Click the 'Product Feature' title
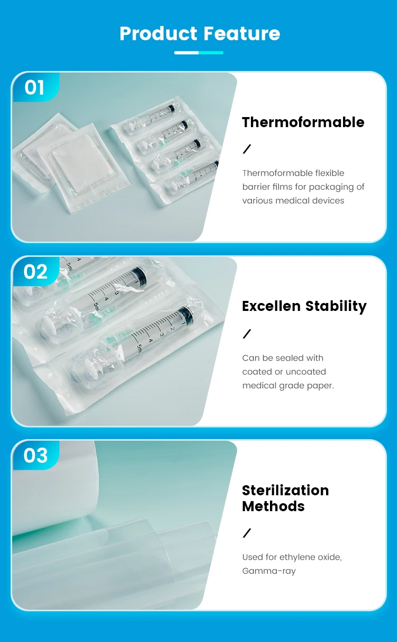[x=200, y=33]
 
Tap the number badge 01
[x=34, y=87]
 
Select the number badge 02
[x=35, y=272]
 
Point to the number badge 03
[x=35, y=456]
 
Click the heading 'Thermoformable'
[x=303, y=122]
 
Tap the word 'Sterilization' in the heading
[x=285, y=491]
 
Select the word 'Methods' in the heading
[x=273, y=506]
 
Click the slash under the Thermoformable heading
[x=247, y=149]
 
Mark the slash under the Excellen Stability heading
[x=247, y=334]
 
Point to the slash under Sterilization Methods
[x=247, y=533]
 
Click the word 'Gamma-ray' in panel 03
[x=269, y=571]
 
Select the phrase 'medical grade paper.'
[x=288, y=386]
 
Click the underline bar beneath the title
[x=198, y=53]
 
